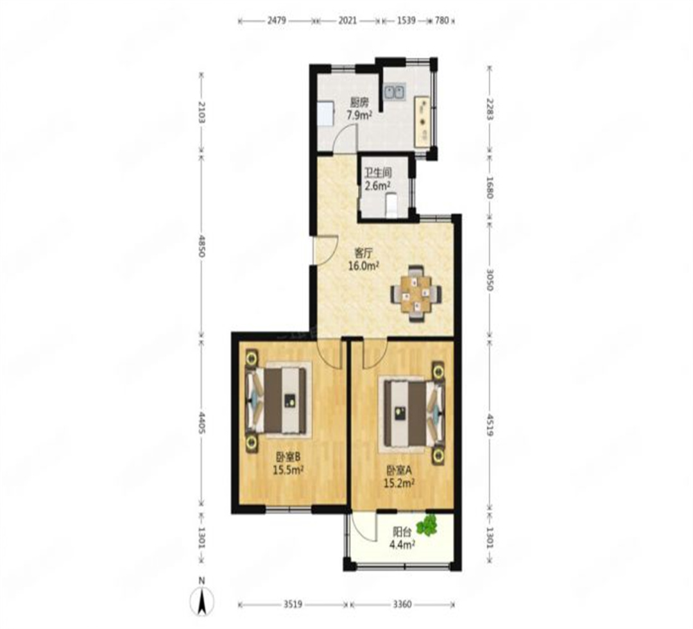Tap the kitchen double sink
click(x=395, y=92)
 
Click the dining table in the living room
click(x=416, y=293)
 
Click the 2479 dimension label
click(x=277, y=21)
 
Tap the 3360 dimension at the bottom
click(x=402, y=604)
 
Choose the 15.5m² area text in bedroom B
click(x=287, y=470)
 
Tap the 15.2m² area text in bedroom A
click(x=398, y=483)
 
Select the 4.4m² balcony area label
click(x=402, y=545)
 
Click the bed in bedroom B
click(x=278, y=401)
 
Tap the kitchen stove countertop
click(x=423, y=123)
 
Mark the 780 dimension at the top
click(x=441, y=21)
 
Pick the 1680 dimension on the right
click(x=490, y=187)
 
